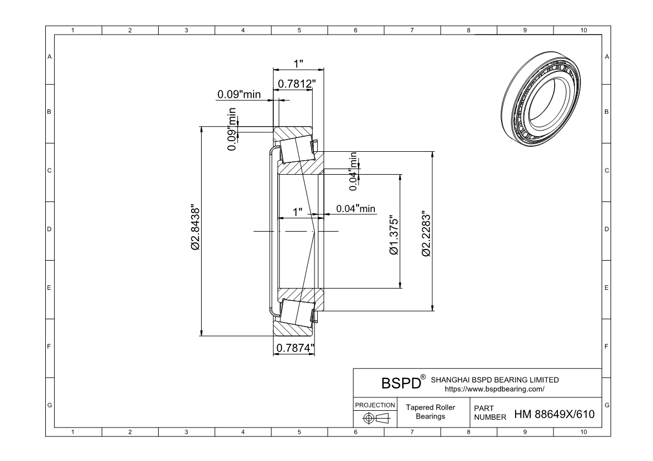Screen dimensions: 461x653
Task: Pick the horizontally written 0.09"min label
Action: click(239, 94)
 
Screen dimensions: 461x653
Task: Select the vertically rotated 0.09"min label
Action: click(231, 129)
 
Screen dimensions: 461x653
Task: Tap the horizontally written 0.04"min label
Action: click(356, 208)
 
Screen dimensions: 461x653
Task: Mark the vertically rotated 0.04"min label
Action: click(352, 167)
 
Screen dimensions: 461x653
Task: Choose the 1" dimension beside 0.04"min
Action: click(298, 212)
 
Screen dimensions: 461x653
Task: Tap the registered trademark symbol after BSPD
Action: click(423, 378)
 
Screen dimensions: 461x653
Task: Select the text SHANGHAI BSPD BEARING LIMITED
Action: click(495, 380)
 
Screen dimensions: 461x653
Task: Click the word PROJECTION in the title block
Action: click(375, 405)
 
